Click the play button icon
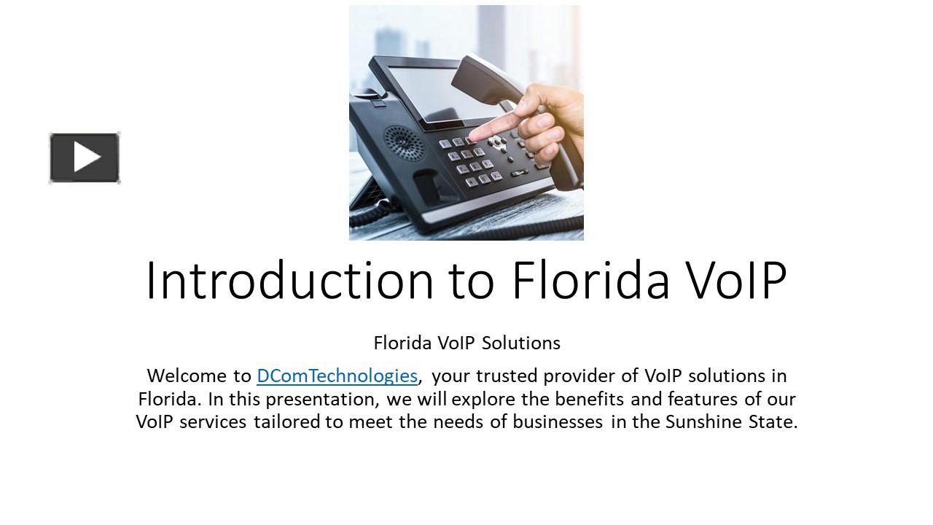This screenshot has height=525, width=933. click(x=85, y=157)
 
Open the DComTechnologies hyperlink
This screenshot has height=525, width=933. click(x=337, y=376)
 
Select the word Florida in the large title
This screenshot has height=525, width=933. click(x=590, y=280)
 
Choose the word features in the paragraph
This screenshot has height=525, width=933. click(x=703, y=399)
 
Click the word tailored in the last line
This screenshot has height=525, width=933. click(x=287, y=421)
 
